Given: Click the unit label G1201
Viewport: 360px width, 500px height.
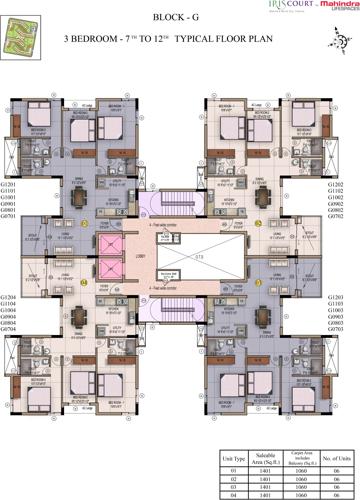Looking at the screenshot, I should tap(10, 157).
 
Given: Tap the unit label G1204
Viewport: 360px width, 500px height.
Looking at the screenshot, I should tap(10, 298).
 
